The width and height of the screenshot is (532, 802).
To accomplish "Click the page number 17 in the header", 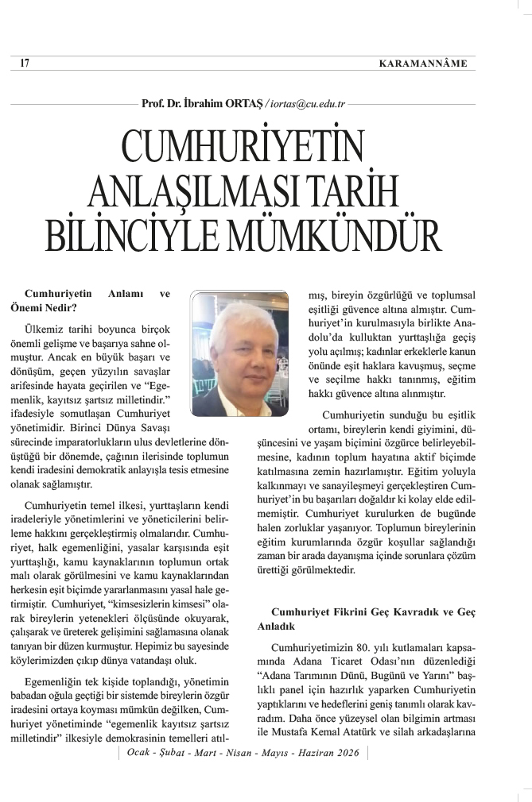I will (x=25, y=64).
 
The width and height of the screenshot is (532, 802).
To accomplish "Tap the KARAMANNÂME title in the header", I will (x=423, y=64).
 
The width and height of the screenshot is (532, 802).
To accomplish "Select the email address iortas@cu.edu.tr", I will (x=305, y=102).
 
